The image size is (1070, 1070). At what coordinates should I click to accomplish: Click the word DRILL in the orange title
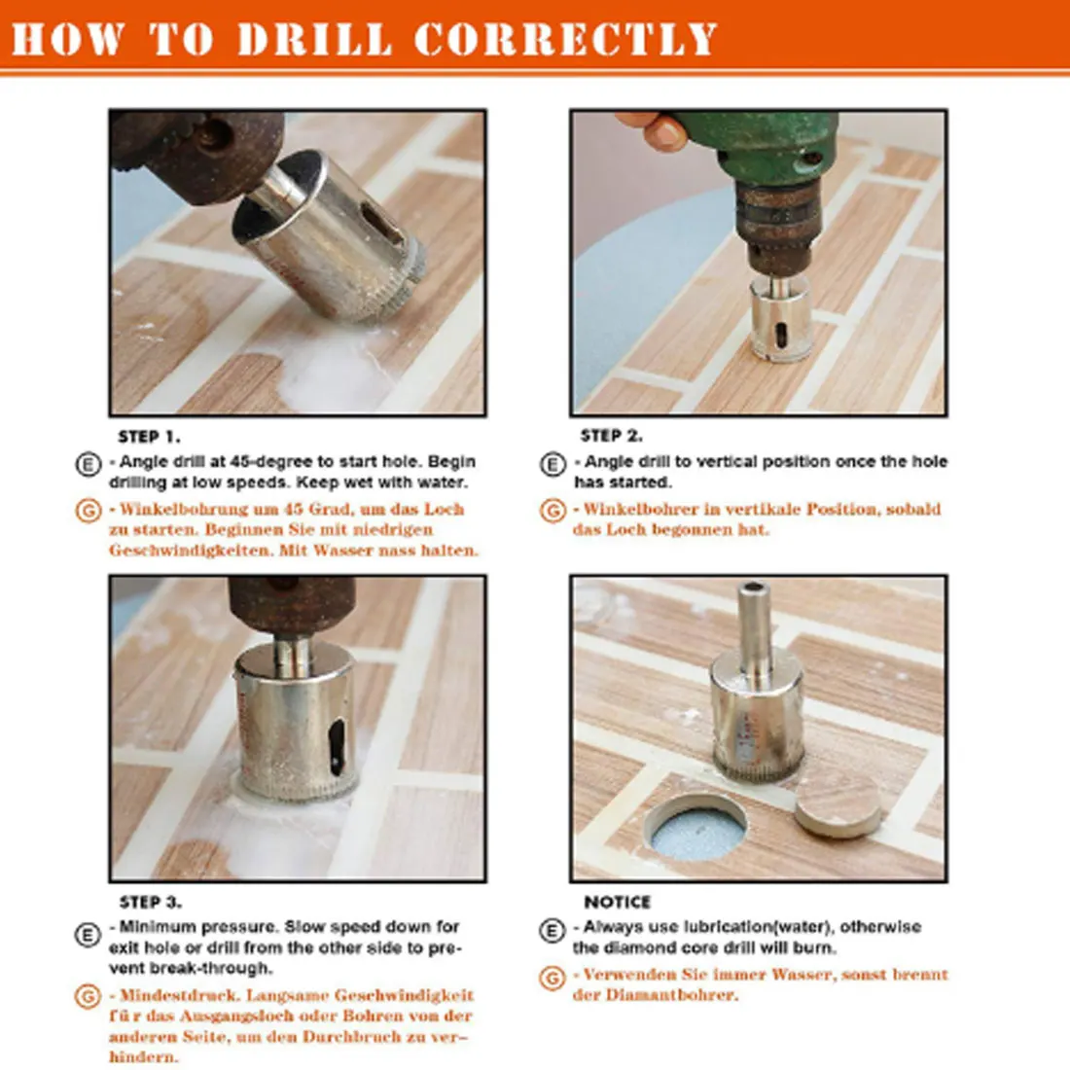tap(314, 39)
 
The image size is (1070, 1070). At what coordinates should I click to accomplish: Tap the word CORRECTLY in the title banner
tap(565, 39)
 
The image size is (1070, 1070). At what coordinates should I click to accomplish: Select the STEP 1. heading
tap(149, 437)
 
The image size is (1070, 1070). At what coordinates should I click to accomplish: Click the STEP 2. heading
tap(611, 436)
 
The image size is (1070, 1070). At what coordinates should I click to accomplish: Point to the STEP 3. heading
tap(150, 903)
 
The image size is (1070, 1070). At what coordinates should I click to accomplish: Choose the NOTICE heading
tap(617, 903)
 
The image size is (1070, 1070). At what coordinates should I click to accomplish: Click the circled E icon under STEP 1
tap(88, 464)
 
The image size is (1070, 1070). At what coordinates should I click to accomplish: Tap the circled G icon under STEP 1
tap(88, 511)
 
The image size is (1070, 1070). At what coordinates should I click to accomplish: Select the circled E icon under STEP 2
tap(553, 464)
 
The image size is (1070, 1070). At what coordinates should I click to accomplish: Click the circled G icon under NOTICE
tap(552, 977)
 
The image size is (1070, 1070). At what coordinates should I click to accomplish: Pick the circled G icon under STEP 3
tap(88, 997)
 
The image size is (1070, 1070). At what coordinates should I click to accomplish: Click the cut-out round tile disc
tap(838, 803)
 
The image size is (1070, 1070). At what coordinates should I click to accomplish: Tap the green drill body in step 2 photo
tap(768, 146)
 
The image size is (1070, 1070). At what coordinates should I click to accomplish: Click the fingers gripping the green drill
tap(655, 130)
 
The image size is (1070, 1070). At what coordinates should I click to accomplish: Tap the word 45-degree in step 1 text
tap(272, 462)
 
